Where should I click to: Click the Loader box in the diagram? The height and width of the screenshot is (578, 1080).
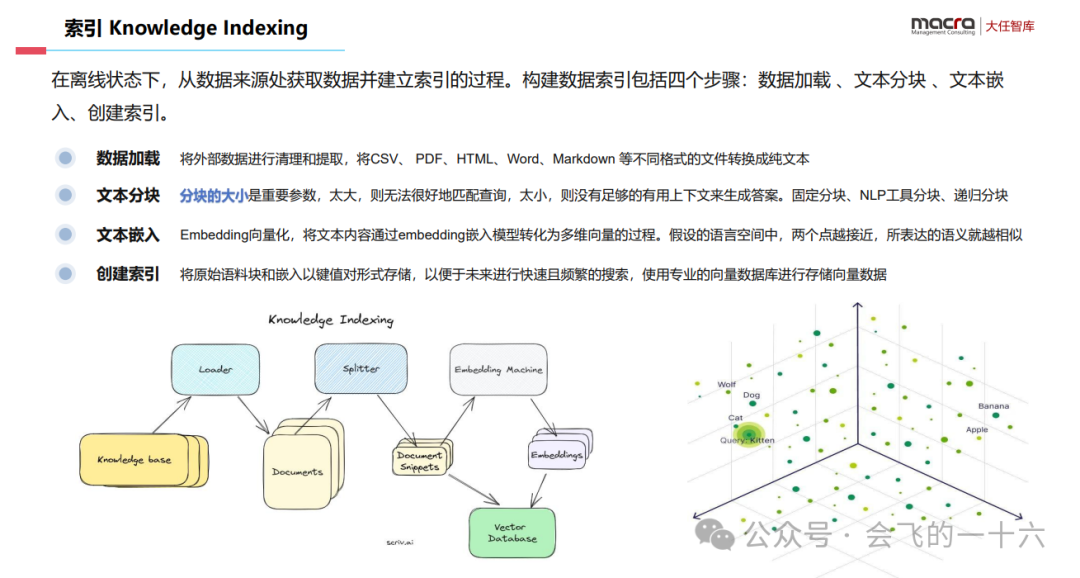tap(215, 369)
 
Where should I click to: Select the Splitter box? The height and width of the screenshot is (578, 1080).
tap(360, 368)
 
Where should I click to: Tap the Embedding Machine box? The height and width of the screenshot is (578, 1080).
tap(498, 369)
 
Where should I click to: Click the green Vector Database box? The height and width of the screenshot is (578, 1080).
tap(512, 532)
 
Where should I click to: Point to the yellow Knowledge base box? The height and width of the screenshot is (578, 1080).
tap(136, 460)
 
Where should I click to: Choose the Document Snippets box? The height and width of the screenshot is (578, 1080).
tap(420, 460)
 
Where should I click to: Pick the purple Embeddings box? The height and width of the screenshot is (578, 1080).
tap(556, 455)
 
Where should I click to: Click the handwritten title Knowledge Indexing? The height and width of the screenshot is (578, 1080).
tap(331, 320)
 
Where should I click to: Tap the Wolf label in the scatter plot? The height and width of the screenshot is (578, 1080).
tap(727, 384)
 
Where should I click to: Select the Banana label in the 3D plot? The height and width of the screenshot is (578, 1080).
tap(993, 406)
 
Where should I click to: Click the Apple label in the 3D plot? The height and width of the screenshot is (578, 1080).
tap(977, 429)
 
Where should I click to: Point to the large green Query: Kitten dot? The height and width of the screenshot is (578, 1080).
tap(748, 434)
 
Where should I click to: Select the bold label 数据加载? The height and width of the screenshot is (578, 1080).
tap(128, 158)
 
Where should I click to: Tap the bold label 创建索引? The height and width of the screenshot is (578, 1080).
tap(128, 273)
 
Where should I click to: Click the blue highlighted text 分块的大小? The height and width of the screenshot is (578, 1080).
tap(213, 196)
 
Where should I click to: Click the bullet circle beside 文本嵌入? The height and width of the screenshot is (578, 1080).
tap(66, 235)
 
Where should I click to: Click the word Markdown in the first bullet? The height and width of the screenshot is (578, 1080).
tap(583, 158)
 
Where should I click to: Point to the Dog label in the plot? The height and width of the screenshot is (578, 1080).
tap(751, 395)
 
